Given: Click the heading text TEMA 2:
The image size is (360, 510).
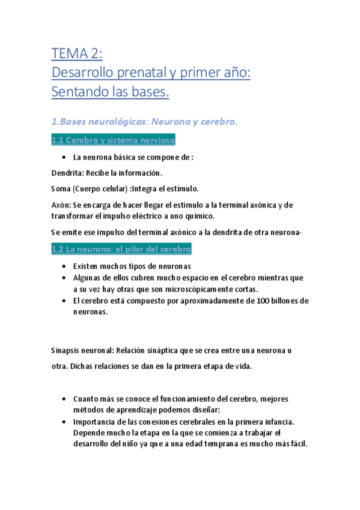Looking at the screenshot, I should [77, 55].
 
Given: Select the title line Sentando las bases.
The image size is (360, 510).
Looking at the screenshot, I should [111, 93].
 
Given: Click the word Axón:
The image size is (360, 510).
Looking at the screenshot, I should [61, 205].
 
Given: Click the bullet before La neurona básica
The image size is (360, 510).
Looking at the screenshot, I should [64, 158].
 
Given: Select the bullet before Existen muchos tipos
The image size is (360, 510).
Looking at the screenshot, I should [64, 266].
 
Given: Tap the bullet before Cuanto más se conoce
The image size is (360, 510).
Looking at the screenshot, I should [64, 399].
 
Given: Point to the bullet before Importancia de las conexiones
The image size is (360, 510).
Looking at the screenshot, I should [64, 422].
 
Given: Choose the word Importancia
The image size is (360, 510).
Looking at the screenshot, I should [95, 422].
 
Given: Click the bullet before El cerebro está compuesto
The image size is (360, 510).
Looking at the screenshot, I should [64, 301].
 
